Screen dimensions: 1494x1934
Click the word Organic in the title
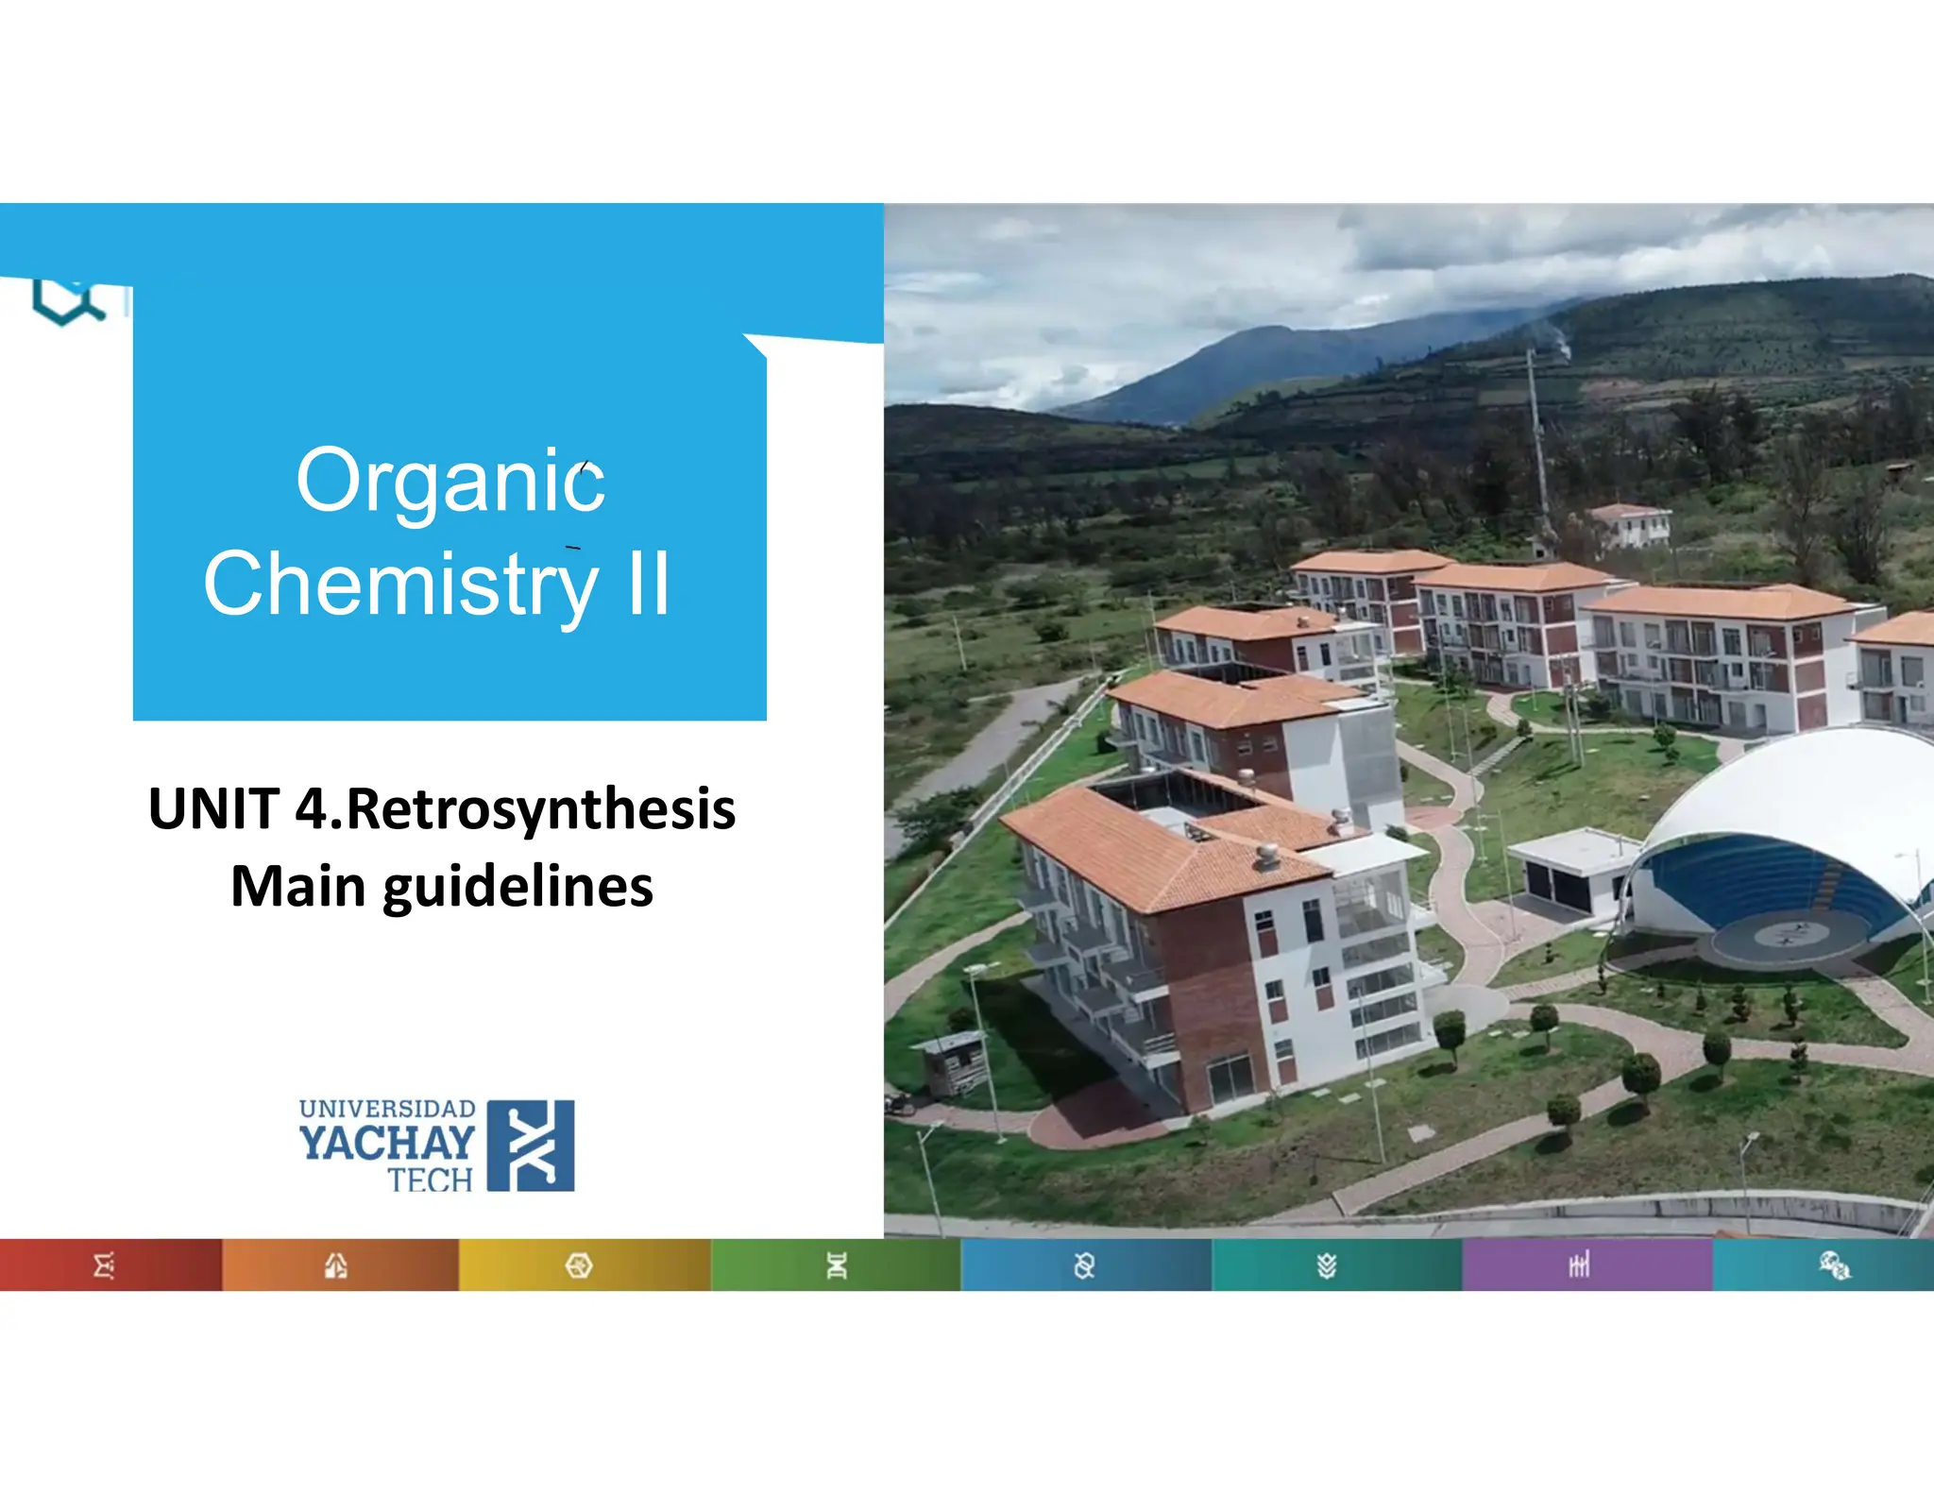click(x=450, y=482)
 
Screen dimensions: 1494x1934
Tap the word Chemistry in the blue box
click(x=400, y=585)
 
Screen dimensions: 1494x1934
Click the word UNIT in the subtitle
click(x=213, y=809)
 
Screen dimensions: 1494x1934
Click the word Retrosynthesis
click(x=541, y=809)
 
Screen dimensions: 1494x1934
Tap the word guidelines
click(x=517, y=888)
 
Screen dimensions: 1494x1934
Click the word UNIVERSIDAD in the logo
click(x=387, y=1109)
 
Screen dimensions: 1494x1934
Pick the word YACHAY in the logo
click(x=387, y=1143)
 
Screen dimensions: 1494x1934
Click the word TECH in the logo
click(x=430, y=1180)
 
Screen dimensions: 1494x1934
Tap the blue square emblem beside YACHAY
click(x=531, y=1146)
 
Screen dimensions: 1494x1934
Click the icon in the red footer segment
click(x=104, y=1265)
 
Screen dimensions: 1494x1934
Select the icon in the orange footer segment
click(x=336, y=1265)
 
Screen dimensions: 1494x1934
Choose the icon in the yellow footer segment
click(x=579, y=1265)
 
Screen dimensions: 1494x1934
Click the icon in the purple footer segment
click(x=1579, y=1265)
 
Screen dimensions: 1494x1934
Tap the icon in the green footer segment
click(x=837, y=1265)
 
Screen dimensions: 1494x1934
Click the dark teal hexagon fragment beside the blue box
click(x=66, y=302)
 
